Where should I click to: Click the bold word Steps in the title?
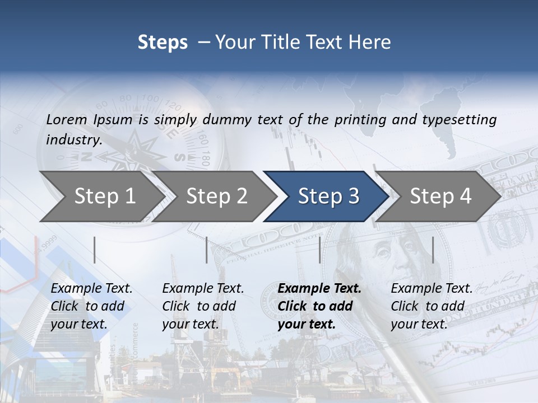(163, 43)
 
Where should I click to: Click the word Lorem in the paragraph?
(66, 119)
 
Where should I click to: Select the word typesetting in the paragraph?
(456, 119)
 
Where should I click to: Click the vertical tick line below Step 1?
(95, 250)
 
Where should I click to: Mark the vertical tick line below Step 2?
(207, 250)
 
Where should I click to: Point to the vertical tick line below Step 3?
(319, 250)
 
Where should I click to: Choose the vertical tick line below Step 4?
(433, 250)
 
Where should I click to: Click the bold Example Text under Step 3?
(319, 289)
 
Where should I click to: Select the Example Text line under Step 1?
(91, 289)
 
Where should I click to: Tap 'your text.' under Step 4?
(419, 324)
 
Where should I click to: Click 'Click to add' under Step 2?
(199, 306)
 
